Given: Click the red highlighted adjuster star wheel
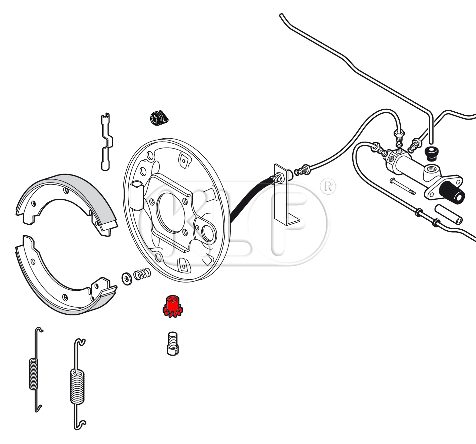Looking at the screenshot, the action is (172, 306).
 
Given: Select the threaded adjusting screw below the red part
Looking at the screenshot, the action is (172, 343).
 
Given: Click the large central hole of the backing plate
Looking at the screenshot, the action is (170, 212).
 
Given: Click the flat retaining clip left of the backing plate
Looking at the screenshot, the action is (106, 142).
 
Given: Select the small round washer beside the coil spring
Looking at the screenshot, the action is (127, 279).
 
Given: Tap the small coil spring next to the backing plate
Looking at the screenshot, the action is (142, 274).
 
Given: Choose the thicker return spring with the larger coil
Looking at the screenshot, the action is (77, 387).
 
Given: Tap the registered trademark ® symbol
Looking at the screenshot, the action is (328, 186).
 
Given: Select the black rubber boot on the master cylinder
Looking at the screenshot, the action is (452, 192).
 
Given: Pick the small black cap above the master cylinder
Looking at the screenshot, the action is (431, 154).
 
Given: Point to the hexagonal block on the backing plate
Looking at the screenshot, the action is (137, 195).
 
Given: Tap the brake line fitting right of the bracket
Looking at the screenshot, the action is (303, 170).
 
